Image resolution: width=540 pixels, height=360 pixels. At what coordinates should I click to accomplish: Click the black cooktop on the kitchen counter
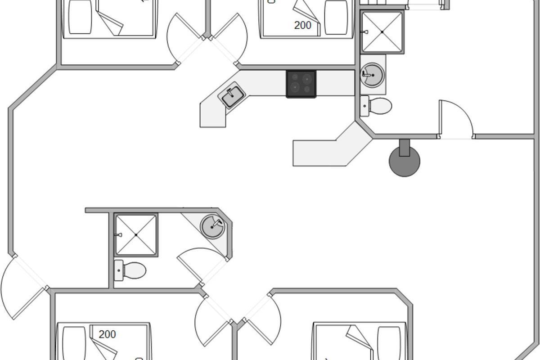tap(301, 84)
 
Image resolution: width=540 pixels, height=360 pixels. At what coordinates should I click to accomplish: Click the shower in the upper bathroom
tap(382, 32)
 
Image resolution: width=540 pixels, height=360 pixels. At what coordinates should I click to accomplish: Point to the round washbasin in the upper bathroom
tap(373, 74)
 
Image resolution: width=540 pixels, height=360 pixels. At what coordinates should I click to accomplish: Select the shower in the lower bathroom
tap(136, 235)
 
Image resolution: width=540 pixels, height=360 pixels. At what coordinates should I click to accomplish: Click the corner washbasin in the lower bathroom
tap(212, 226)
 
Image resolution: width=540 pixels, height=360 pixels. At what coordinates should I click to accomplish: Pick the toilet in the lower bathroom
tap(130, 270)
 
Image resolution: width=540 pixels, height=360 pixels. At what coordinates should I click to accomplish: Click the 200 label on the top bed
tap(302, 26)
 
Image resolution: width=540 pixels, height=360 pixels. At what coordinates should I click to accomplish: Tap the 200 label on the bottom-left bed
tap(107, 334)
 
